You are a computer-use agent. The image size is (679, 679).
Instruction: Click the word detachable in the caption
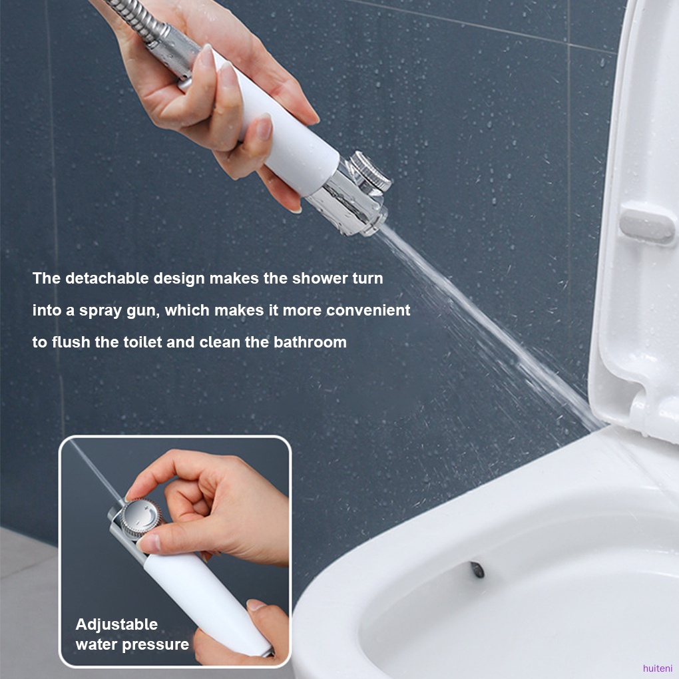coord(107,278)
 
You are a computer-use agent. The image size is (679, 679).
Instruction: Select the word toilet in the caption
coord(142,342)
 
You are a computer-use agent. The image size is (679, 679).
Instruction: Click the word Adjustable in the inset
coord(116,624)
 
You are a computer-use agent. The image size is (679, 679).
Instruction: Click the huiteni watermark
coord(658,668)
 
